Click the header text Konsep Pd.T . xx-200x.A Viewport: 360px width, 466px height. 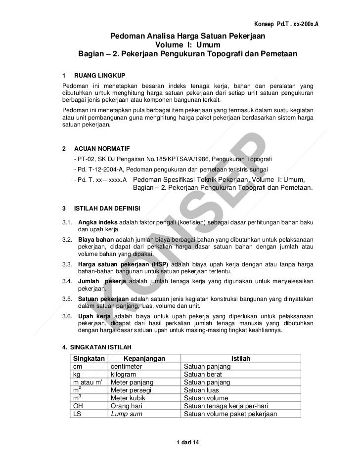(286, 25)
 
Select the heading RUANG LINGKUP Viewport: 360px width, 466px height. (99, 76)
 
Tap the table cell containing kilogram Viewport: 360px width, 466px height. (125, 375)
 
